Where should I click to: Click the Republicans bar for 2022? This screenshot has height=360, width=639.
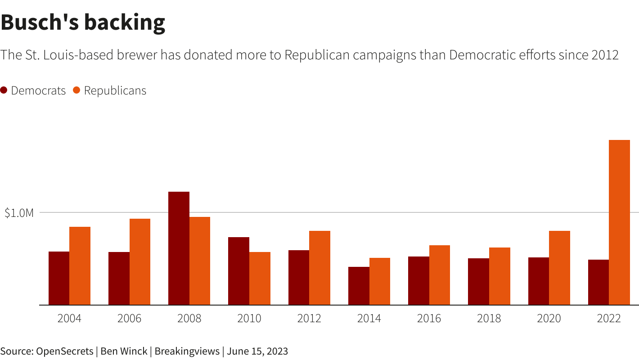click(619, 222)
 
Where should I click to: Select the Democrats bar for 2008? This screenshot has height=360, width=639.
click(179, 248)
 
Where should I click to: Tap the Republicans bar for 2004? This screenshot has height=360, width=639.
click(80, 266)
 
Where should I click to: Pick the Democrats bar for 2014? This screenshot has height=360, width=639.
click(359, 286)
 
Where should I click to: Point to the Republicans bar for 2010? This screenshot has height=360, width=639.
click(260, 279)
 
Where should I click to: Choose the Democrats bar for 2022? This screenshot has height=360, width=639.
click(598, 282)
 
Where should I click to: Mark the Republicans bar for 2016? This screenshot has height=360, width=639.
click(439, 275)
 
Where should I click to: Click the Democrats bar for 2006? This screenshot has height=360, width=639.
click(119, 279)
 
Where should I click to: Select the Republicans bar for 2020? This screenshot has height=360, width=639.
click(559, 268)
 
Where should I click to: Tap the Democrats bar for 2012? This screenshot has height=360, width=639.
click(299, 278)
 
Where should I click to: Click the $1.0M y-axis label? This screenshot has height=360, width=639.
click(19, 213)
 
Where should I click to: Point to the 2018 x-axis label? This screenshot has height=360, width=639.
click(489, 319)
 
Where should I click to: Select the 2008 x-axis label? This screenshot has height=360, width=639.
click(189, 319)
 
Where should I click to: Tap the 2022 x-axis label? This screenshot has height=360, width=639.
click(608, 319)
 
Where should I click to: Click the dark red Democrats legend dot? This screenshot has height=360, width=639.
click(4, 90)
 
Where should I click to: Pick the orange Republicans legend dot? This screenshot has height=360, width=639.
click(76, 90)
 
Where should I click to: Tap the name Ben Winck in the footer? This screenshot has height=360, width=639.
click(124, 351)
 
